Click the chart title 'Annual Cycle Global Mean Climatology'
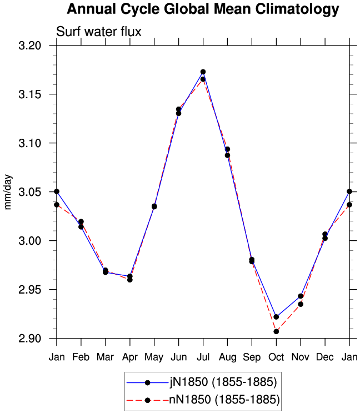pyautogui.click(x=203, y=9)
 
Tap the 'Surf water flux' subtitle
pyautogui.click(x=98, y=32)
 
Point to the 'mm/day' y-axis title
pyautogui.click(x=8, y=192)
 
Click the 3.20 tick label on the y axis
pyautogui.click(x=30, y=46)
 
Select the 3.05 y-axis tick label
pyautogui.click(x=30, y=192)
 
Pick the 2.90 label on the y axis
pyautogui.click(x=30, y=339)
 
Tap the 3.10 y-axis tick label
pyautogui.click(x=30, y=143)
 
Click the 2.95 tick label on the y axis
pyautogui.click(x=30, y=290)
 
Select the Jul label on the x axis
pyautogui.click(x=203, y=357)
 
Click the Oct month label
pyautogui.click(x=276, y=357)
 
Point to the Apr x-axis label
pyautogui.click(x=130, y=357)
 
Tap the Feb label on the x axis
pyautogui.click(x=81, y=357)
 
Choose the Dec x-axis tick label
pyautogui.click(x=325, y=357)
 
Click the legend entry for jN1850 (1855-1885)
pyautogui.click(x=202, y=382)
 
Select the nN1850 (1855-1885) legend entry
pyautogui.click(x=203, y=400)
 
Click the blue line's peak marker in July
pyautogui.click(x=203, y=72)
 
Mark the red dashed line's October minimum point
pyautogui.click(x=276, y=331)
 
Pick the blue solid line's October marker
pyautogui.click(x=276, y=317)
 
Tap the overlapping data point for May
pyautogui.click(x=154, y=206)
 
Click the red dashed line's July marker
pyautogui.click(x=203, y=79)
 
